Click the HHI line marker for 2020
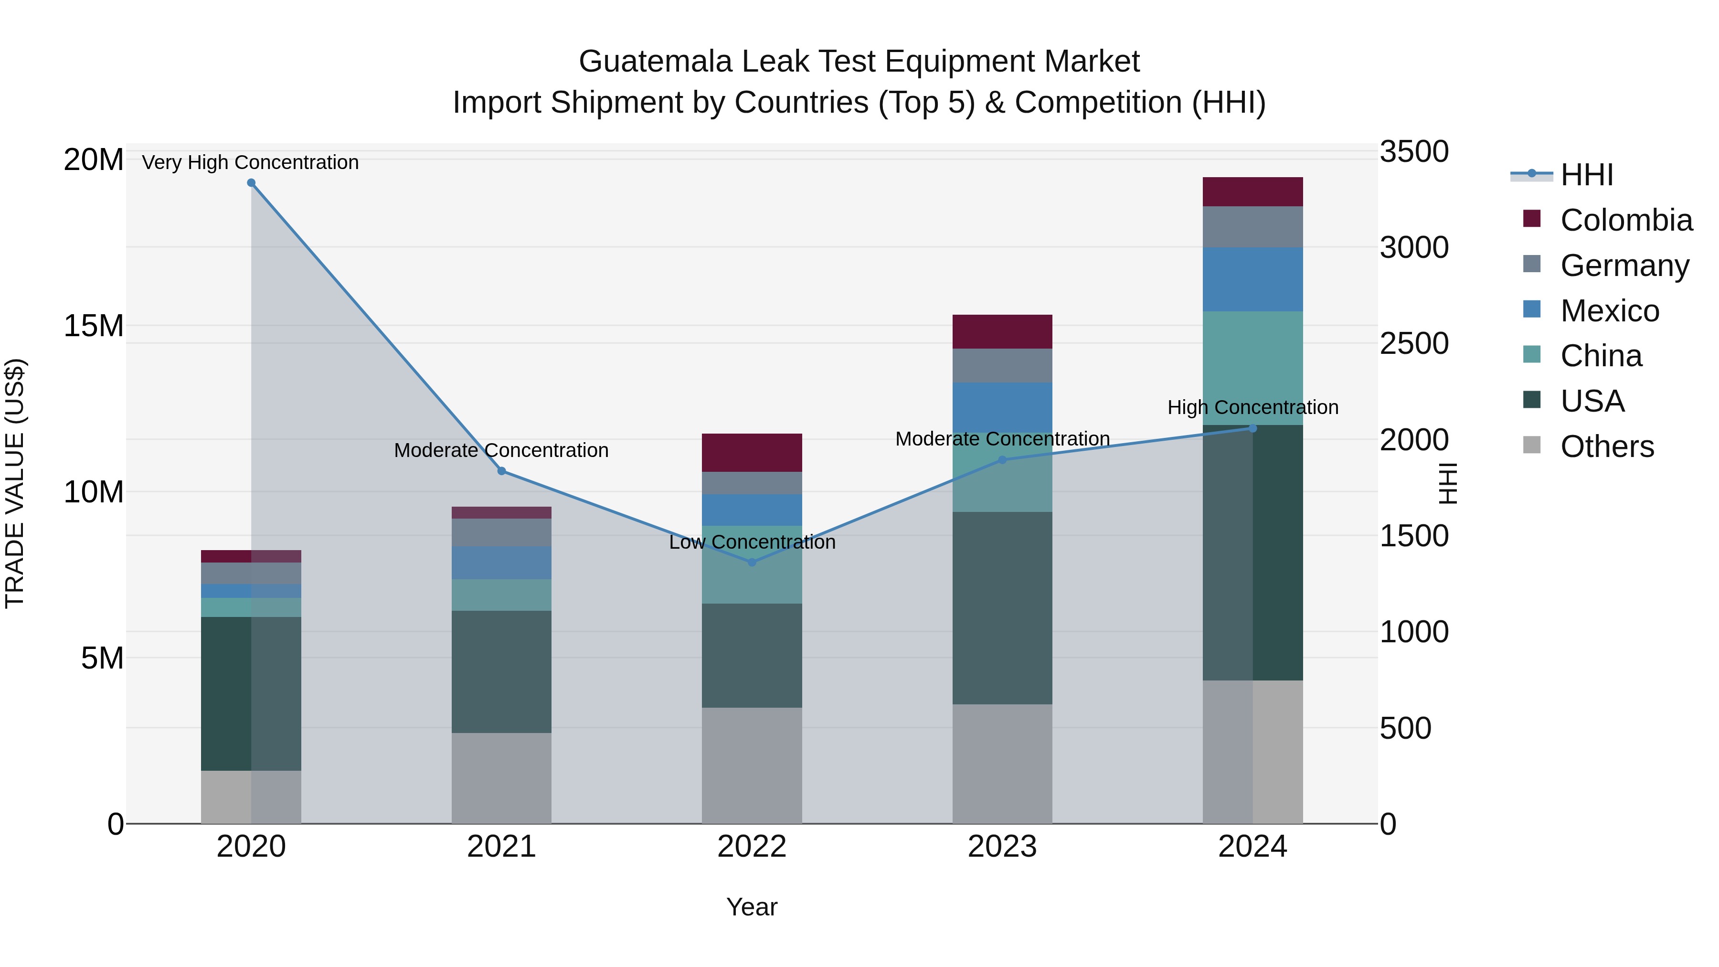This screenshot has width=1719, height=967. coord(251,183)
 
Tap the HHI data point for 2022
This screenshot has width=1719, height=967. coord(752,563)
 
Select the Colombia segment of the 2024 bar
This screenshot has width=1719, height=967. coord(1252,191)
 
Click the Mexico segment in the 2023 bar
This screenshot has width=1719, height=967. coord(1002,408)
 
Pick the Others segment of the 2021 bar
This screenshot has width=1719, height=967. coord(501,778)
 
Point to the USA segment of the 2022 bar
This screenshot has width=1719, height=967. coord(752,655)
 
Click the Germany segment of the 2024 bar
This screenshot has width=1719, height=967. coord(1252,227)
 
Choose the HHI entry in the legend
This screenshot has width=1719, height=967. coord(1586,175)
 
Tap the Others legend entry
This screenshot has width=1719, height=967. coord(1606,446)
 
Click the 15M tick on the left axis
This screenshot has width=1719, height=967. coord(94,326)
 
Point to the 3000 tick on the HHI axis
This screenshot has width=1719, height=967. coord(1414,247)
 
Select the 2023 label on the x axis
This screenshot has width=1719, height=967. coord(1002,847)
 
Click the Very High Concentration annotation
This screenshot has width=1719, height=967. coord(250,162)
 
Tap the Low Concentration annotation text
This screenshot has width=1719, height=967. coord(752,542)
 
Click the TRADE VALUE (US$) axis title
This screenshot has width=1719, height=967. coord(15,483)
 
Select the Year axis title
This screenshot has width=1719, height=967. coord(752,907)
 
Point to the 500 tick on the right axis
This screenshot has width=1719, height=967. coord(1405,728)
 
